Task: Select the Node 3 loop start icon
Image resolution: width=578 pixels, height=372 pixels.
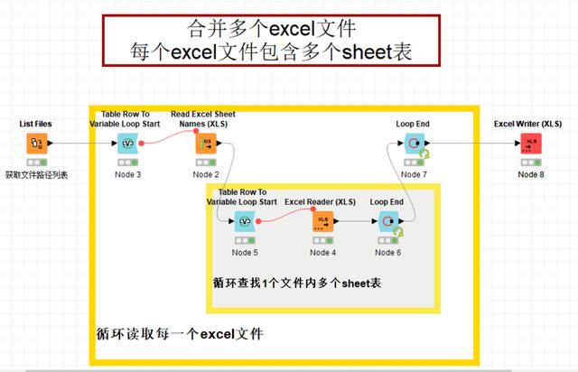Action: point(127,143)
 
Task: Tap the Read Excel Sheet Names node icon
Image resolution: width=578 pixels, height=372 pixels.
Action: point(206,143)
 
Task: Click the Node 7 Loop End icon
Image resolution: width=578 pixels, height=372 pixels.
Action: point(415,143)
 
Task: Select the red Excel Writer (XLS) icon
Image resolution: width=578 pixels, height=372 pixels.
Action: point(531,143)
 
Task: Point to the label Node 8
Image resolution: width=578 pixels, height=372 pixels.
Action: point(531,173)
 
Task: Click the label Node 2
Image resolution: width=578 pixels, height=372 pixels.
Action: point(206,173)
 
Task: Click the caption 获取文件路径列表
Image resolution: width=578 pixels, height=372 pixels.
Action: point(37,173)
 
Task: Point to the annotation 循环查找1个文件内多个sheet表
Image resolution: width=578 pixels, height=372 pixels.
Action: point(296,283)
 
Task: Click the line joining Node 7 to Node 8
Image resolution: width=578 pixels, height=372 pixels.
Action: point(470,143)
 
